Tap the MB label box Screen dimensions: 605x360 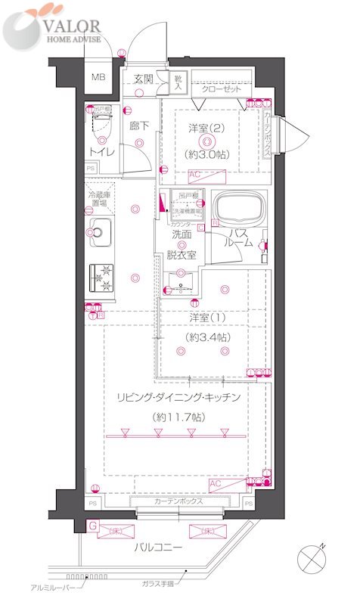99,78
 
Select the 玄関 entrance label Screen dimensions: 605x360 143,79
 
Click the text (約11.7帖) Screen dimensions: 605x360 178,416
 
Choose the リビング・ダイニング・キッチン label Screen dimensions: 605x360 178,397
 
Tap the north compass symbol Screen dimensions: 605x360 312,559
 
